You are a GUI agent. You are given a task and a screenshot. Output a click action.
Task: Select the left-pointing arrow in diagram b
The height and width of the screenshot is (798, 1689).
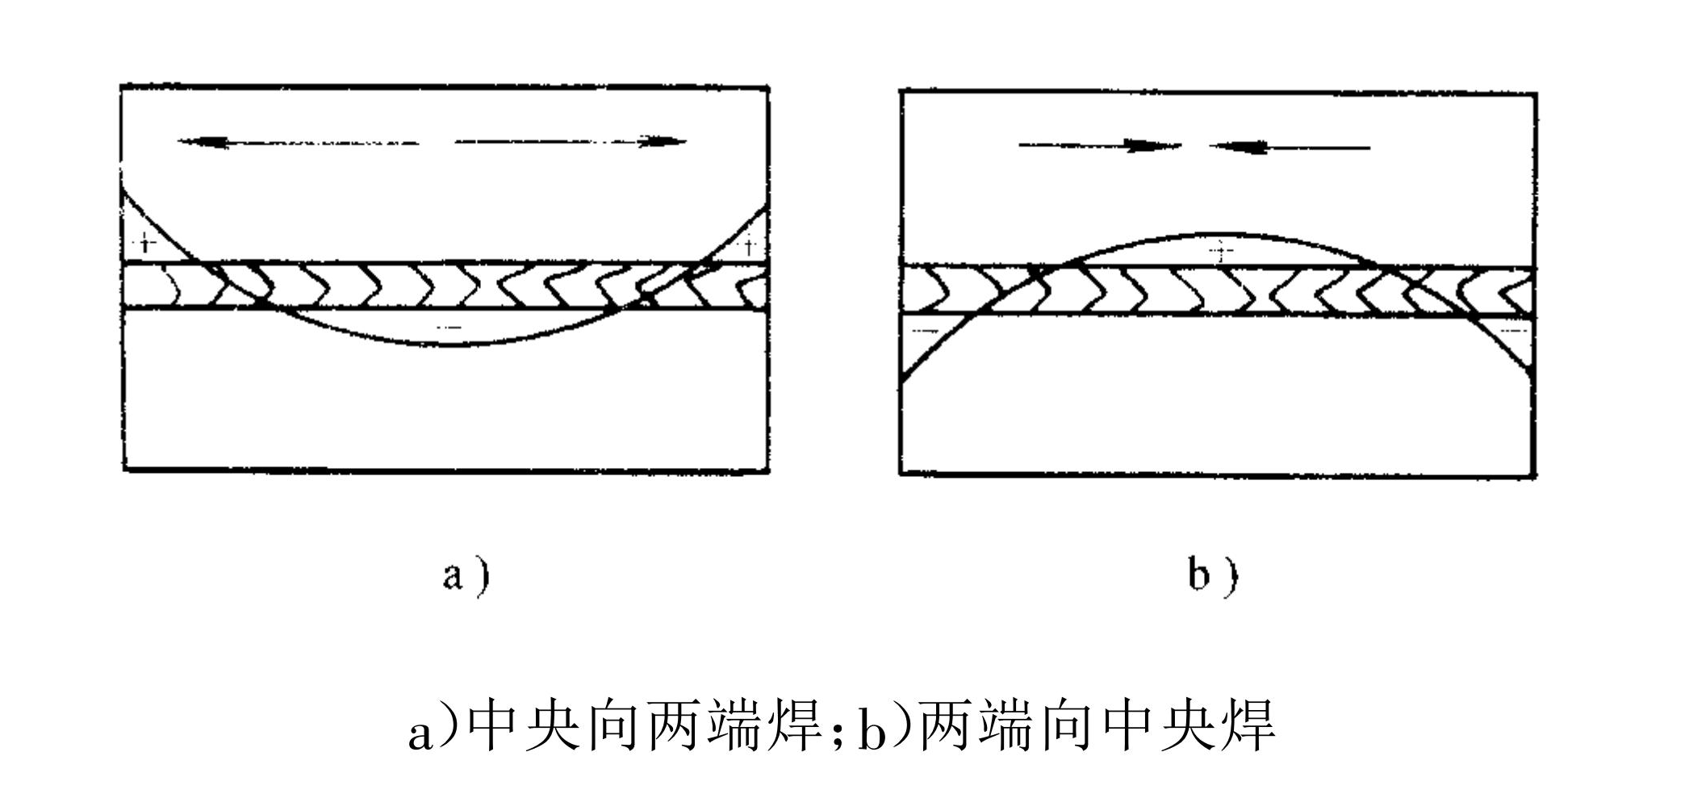(x=1289, y=148)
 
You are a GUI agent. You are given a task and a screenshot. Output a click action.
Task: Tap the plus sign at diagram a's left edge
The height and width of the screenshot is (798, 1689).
(x=145, y=241)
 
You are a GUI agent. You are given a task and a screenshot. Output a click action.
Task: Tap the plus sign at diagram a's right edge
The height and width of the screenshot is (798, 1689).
(x=750, y=243)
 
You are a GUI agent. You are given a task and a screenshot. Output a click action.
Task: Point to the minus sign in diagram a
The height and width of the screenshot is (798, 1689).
(x=449, y=327)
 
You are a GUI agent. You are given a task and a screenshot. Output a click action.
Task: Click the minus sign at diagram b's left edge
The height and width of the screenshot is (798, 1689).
(x=928, y=331)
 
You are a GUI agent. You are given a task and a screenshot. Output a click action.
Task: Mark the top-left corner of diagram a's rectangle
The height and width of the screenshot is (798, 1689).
(x=122, y=86)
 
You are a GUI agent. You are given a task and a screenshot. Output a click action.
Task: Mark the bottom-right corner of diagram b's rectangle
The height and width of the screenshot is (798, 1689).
(x=1535, y=475)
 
